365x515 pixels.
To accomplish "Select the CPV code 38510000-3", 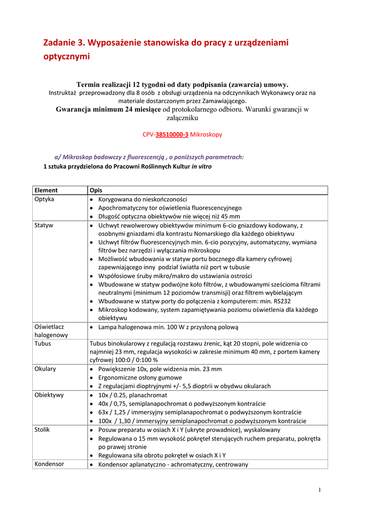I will click(172, 135).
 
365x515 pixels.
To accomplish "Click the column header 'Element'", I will click(46, 190).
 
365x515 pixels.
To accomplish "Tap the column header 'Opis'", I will click(96, 190).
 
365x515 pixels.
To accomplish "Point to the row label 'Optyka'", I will click(44, 199).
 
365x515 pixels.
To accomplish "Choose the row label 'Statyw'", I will click(44, 225).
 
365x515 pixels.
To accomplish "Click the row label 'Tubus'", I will click(43, 344).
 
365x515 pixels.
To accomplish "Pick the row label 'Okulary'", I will click(45, 369).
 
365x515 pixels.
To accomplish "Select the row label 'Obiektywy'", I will click(49, 395).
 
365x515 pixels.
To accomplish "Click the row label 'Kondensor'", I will click(49, 464).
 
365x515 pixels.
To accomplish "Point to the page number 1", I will click(320, 490).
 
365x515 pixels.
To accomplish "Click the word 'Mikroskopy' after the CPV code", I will click(206, 135).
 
